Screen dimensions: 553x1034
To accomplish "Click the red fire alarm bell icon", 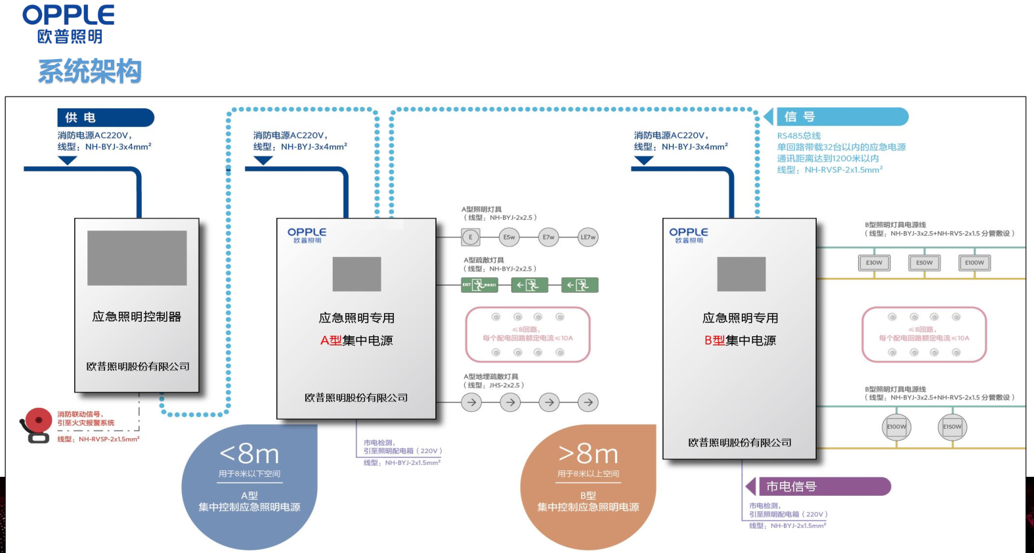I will pos(36,424).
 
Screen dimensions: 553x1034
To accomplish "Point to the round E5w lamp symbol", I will pos(509,237).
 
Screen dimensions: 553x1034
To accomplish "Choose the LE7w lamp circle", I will pos(588,237).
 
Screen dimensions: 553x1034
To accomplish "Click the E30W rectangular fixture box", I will pos(874,263).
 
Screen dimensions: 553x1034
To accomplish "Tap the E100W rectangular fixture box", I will pos(974,263).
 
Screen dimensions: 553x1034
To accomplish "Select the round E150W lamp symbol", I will pos(952,427).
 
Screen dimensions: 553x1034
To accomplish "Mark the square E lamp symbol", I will pos(470,237).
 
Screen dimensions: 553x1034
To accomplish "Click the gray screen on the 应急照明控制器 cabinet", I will pos(137,257).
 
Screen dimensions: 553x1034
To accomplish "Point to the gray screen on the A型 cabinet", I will pos(356,274).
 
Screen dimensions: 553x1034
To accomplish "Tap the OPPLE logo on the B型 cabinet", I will pos(689,234).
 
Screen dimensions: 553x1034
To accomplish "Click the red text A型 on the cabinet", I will pos(331,340).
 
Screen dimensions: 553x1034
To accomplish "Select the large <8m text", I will pos(249,454).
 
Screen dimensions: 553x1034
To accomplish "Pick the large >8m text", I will pos(588,454).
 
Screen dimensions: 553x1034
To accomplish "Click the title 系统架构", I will pos(90,71).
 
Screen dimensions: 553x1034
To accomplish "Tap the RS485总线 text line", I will pos(799,136).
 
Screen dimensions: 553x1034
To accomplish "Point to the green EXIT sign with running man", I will pos(479,285).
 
